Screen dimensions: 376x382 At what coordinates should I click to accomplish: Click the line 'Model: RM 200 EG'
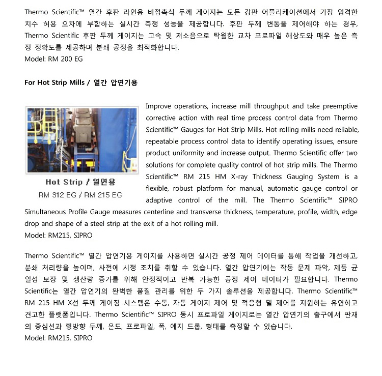(x=53, y=59)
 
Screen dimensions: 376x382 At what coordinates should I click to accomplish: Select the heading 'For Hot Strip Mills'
(x=56, y=82)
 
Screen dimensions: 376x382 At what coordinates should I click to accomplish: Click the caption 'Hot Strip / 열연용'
(x=80, y=182)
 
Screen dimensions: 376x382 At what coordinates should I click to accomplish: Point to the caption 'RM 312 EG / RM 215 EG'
(x=80, y=195)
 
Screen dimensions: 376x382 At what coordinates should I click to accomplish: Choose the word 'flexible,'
(x=158, y=188)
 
